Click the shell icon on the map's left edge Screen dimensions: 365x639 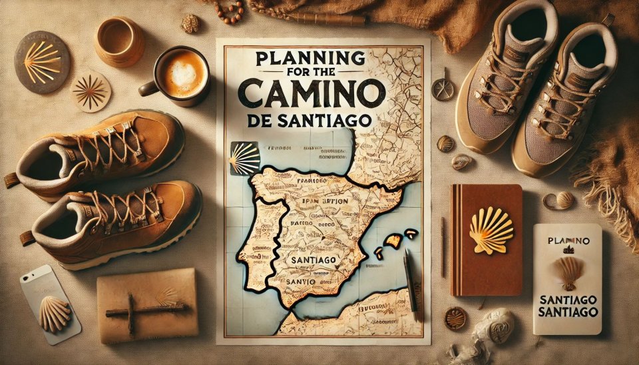pyautogui.click(x=244, y=158)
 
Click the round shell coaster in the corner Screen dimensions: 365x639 pyautogui.click(x=43, y=62)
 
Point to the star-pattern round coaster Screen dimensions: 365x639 pyautogui.click(x=91, y=91)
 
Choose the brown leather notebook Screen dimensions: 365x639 pyautogui.click(x=486, y=240)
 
